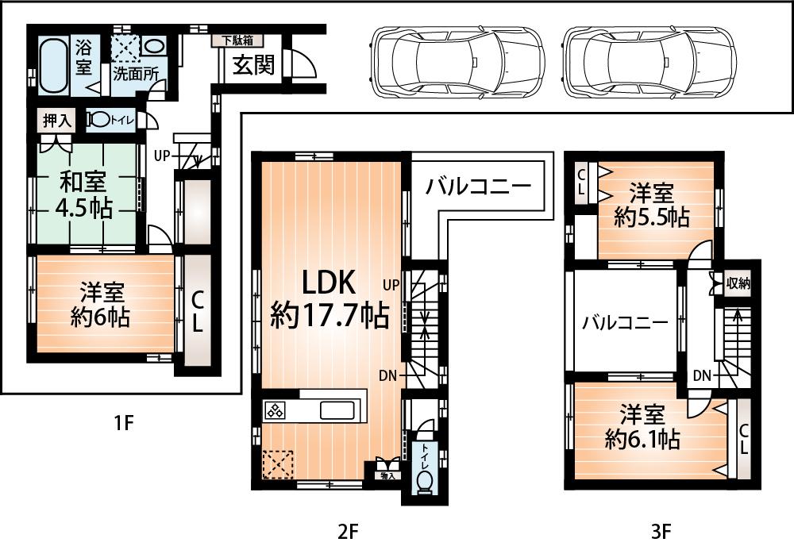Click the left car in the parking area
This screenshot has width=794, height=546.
point(458,62)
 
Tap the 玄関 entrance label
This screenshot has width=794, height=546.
point(253,65)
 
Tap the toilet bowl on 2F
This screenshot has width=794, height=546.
point(423,481)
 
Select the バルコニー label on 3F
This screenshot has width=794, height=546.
point(622,322)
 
